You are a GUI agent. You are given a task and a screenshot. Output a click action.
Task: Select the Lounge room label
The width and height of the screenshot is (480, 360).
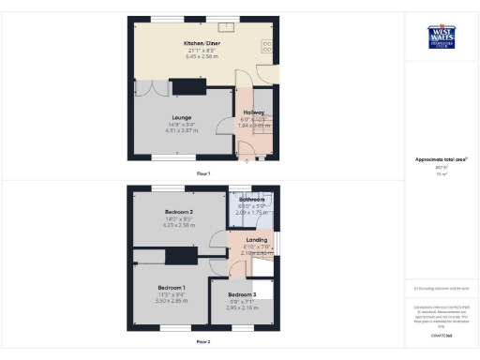[x=181, y=117]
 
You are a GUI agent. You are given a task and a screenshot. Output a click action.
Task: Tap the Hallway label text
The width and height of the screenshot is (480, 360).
[x=252, y=112]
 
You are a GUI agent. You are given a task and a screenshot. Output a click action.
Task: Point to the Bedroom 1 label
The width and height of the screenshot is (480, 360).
[x=171, y=287]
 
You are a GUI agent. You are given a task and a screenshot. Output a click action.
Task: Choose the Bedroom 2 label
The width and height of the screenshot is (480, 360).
[x=179, y=213]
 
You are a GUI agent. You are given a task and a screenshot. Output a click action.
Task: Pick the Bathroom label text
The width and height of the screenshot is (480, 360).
[x=251, y=200]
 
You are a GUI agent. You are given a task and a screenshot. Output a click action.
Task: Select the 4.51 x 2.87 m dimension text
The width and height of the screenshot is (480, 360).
[x=181, y=130]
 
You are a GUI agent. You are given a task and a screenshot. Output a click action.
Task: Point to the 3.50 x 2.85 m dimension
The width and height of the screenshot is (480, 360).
[x=171, y=300]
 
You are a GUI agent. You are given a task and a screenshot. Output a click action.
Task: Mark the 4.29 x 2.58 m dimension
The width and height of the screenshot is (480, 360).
[x=179, y=226]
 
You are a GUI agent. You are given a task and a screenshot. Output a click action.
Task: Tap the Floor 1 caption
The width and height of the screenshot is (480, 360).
[x=202, y=174]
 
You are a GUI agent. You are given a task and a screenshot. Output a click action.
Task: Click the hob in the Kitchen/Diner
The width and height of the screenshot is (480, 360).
[x=267, y=46]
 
